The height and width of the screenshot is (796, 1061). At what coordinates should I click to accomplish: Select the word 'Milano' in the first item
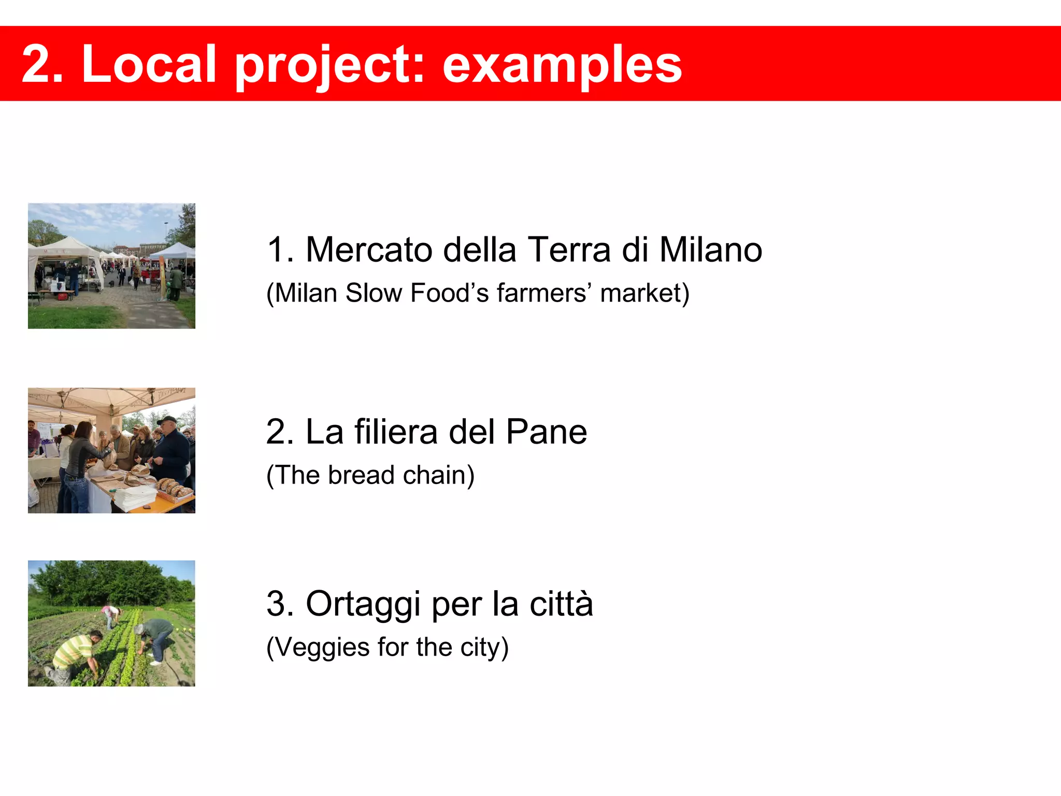710,250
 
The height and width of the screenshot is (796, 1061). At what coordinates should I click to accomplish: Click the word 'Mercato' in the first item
369,250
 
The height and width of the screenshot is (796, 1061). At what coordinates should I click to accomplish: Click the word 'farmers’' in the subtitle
544,293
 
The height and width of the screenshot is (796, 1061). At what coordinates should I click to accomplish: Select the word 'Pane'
546,432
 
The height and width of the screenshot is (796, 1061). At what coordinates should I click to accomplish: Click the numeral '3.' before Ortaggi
280,604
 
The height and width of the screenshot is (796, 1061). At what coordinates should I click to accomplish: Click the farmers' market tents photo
111,266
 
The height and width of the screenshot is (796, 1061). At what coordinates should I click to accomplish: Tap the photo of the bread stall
111,450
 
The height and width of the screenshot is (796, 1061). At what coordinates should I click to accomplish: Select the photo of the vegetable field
111,623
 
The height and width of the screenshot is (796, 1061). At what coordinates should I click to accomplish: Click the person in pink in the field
110,615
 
